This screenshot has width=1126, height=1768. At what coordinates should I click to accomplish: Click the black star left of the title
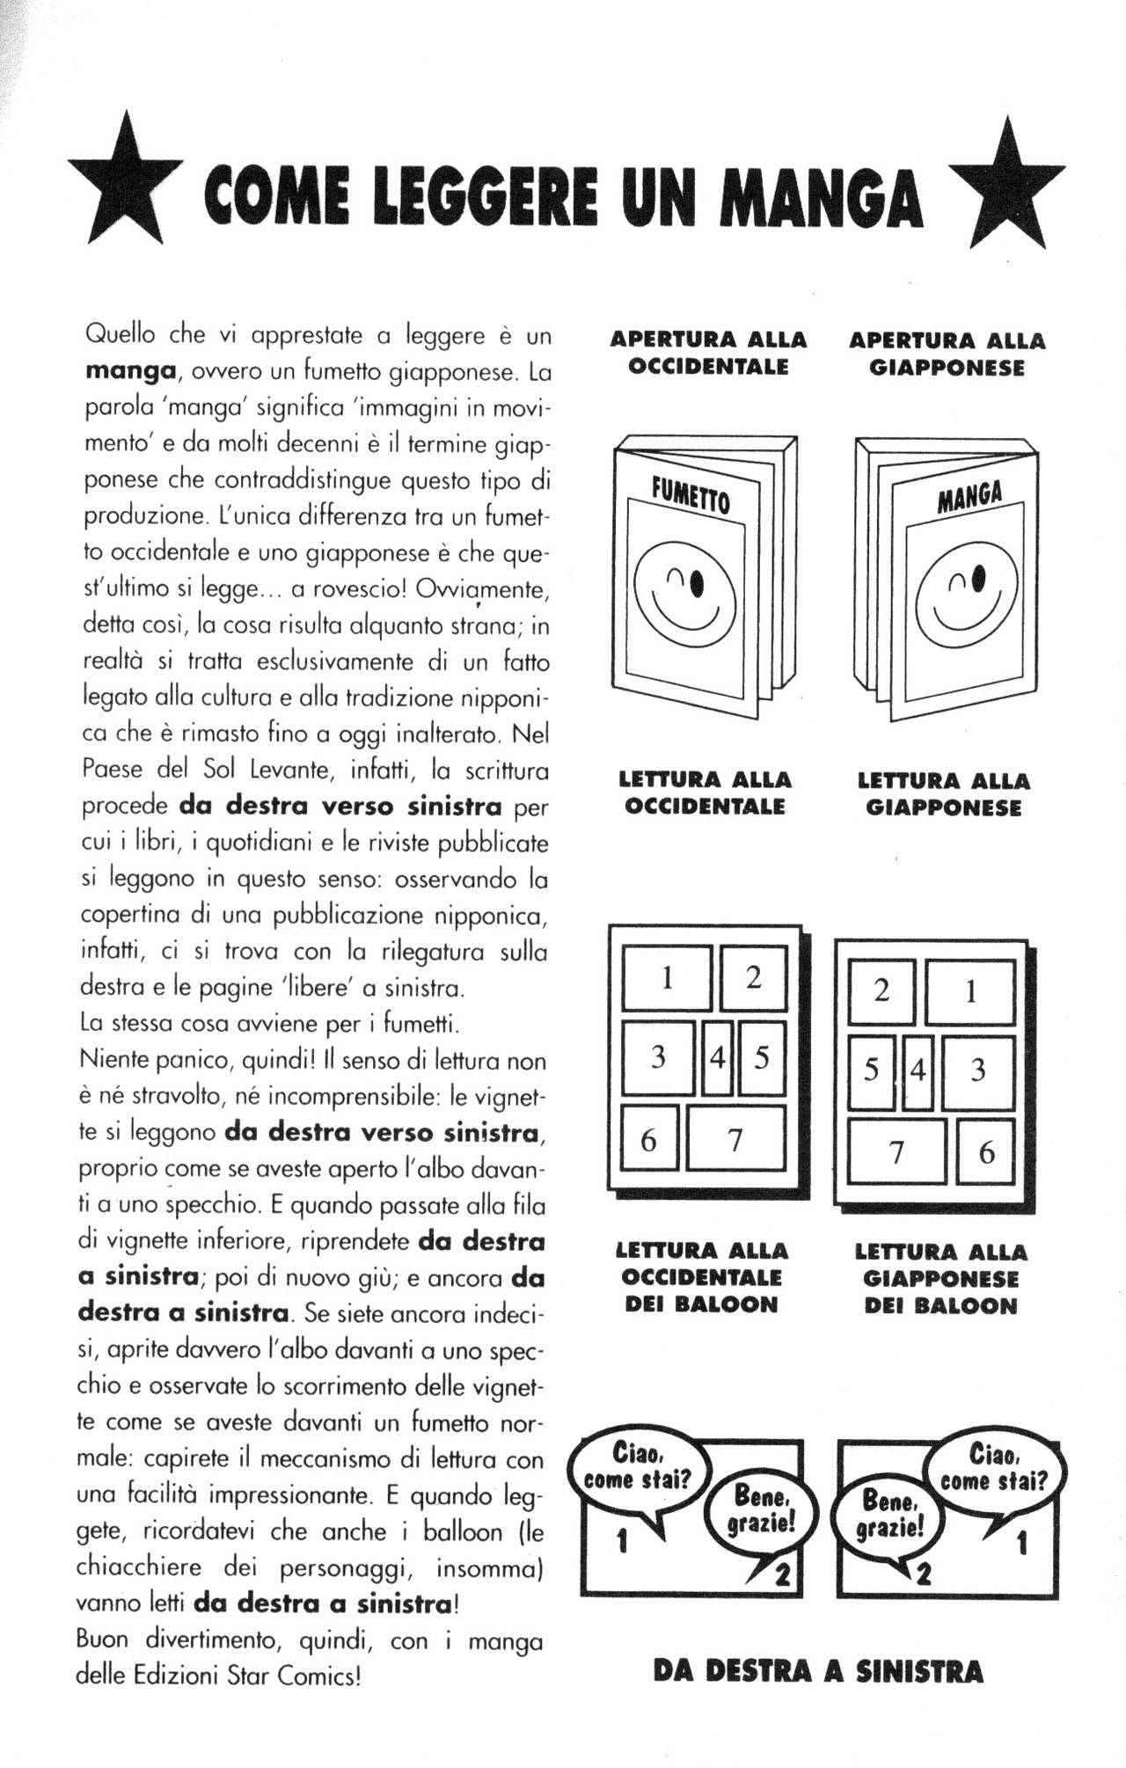pyautogui.click(x=124, y=183)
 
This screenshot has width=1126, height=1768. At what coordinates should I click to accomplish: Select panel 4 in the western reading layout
pyautogui.click(x=718, y=1057)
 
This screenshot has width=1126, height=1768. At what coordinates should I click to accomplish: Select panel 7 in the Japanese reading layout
pyautogui.click(x=896, y=1151)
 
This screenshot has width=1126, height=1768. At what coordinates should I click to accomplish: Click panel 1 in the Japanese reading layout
pyautogui.click(x=970, y=992)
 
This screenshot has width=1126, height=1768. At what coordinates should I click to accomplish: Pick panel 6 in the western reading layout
pyautogui.click(x=648, y=1140)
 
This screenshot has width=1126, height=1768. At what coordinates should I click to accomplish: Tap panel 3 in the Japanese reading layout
pyautogui.click(x=977, y=1070)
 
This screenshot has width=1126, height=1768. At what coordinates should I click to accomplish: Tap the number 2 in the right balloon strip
pyautogui.click(x=923, y=1574)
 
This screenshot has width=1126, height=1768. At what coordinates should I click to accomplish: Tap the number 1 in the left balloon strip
pyautogui.click(x=622, y=1541)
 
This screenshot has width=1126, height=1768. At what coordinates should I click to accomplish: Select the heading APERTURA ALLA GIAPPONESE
pyautogui.click(x=947, y=354)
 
